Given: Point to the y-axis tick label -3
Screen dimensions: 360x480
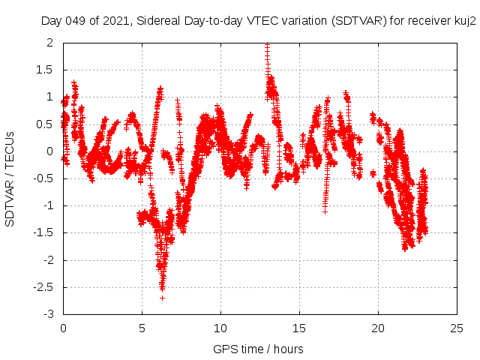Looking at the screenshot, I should click(x=50, y=314).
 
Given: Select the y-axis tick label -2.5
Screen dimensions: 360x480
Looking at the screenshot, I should click(x=44, y=287).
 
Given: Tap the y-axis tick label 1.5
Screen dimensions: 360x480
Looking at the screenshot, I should click(x=46, y=70).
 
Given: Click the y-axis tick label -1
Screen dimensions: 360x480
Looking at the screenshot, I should click(x=50, y=205).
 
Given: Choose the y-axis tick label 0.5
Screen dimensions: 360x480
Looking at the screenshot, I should click(x=46, y=124).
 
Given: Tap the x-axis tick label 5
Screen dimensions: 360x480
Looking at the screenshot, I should click(x=142, y=328).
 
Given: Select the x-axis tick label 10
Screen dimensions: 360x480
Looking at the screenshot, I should click(x=220, y=328).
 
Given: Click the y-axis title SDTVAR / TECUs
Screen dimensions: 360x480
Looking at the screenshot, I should click(x=10, y=178).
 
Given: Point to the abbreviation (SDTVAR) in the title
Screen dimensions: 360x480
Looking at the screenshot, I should click(x=360, y=22).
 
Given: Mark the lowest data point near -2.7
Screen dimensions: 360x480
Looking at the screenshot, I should click(x=162, y=298).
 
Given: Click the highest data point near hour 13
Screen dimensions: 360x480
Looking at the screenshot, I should click(x=268, y=45).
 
